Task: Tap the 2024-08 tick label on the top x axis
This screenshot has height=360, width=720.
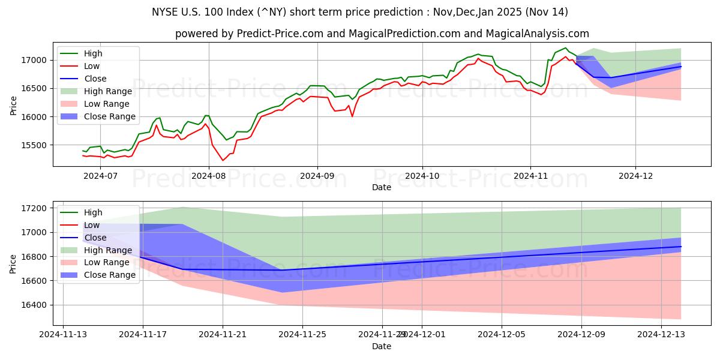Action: click(209, 176)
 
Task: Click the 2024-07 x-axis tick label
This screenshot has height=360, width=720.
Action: click(100, 176)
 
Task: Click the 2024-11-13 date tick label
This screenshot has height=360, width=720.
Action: click(63, 335)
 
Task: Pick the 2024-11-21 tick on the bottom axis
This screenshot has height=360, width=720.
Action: click(223, 335)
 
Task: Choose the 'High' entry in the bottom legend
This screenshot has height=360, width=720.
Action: click(93, 212)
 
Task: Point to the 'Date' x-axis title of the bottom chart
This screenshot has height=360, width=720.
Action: click(381, 346)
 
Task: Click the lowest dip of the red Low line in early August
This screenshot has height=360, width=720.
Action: click(223, 160)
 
